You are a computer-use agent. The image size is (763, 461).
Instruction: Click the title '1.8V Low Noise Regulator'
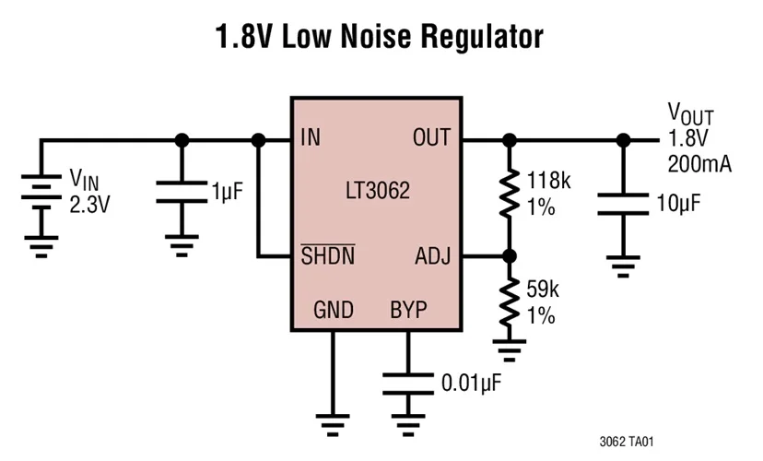coord(379,38)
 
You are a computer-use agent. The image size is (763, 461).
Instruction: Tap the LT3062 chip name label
coord(378,194)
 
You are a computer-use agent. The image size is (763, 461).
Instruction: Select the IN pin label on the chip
coord(311,139)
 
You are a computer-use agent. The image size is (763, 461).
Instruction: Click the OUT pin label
coord(430,139)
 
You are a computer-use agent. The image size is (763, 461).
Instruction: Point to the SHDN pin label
coord(328,255)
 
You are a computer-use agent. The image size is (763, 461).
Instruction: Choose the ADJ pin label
coord(431,255)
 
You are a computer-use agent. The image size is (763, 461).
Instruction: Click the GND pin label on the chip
coord(333,310)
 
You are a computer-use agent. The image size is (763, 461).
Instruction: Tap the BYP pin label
coord(408,310)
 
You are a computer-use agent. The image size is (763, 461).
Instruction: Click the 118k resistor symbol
coord(507,192)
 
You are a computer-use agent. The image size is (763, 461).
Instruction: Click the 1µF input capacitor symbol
coord(182,191)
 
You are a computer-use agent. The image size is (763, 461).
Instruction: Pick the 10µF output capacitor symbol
coord(623,204)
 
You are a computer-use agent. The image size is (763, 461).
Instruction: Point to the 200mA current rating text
coord(699,165)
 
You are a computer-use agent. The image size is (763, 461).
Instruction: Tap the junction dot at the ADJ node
coord(507,255)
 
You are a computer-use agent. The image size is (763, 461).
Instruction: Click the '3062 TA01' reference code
coord(627,442)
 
